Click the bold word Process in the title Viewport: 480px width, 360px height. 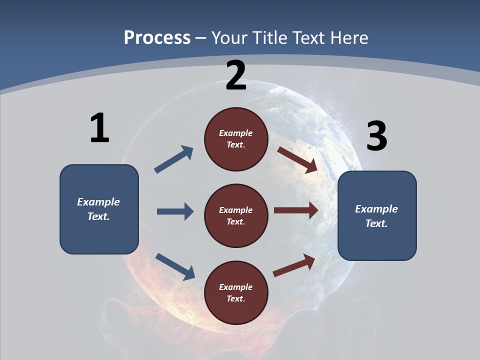157,37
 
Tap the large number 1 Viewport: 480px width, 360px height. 99,128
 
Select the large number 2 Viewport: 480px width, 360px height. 236,75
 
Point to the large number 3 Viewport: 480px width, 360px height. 376,136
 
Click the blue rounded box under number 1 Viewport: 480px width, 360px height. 99,209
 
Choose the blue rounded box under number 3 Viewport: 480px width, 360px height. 377,216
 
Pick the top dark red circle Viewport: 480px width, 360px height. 236,139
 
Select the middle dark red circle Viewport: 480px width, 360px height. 236,216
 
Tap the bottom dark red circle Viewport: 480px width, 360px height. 236,293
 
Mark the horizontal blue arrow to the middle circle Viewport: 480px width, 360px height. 175,211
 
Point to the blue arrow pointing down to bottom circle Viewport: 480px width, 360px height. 175,266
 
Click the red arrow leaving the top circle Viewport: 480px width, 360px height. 297,159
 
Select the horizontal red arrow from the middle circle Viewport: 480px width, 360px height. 296,210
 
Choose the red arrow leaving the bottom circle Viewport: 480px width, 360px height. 294,265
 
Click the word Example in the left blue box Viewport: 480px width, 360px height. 98,202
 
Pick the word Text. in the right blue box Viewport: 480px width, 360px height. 376,223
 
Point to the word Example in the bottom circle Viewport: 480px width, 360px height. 236,287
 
